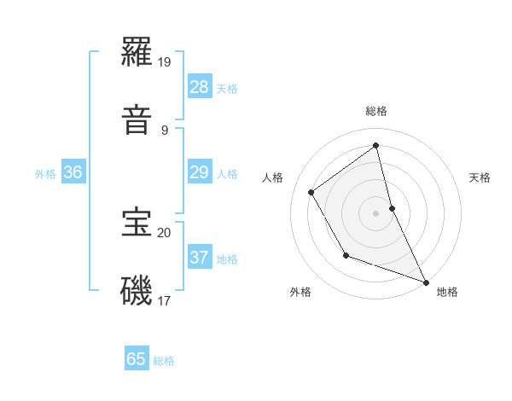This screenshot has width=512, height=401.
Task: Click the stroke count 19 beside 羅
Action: pyautogui.click(x=165, y=62)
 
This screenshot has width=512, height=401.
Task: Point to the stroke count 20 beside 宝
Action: pyautogui.click(x=165, y=231)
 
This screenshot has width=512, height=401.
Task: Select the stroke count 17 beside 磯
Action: pyautogui.click(x=165, y=300)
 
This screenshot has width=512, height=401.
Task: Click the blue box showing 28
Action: pyautogui.click(x=200, y=86)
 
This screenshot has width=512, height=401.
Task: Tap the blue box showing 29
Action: pyautogui.click(x=200, y=172)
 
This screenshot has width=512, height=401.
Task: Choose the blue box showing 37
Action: pyautogui.click(x=200, y=257)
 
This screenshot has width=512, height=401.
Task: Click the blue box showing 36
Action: pyautogui.click(x=73, y=172)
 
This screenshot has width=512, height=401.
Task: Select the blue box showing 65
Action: pyautogui.click(x=137, y=359)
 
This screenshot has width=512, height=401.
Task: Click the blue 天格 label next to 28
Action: pyautogui.click(x=227, y=89)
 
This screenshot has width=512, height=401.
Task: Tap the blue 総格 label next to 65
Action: pyautogui.click(x=164, y=361)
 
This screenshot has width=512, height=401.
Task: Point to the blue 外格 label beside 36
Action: pyautogui.click(x=45, y=174)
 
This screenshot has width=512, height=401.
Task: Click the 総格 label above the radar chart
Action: pyautogui.click(x=376, y=111)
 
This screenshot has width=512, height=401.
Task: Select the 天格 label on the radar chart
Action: pyautogui.click(x=480, y=177)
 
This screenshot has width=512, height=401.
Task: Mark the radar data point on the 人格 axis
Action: pyautogui.click(x=311, y=193)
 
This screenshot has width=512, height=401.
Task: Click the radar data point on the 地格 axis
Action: pyautogui.click(x=427, y=282)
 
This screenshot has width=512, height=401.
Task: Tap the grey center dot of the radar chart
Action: pyautogui.click(x=376, y=212)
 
